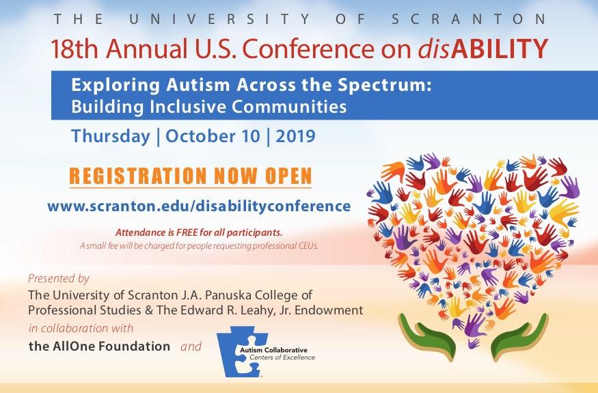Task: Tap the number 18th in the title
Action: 75,49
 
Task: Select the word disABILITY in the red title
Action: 483,49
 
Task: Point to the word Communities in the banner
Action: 289,107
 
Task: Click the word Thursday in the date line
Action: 111,137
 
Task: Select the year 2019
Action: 295,136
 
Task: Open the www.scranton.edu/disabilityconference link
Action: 199,206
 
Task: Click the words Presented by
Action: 59,279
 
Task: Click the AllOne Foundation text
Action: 100,346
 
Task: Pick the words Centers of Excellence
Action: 282,357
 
